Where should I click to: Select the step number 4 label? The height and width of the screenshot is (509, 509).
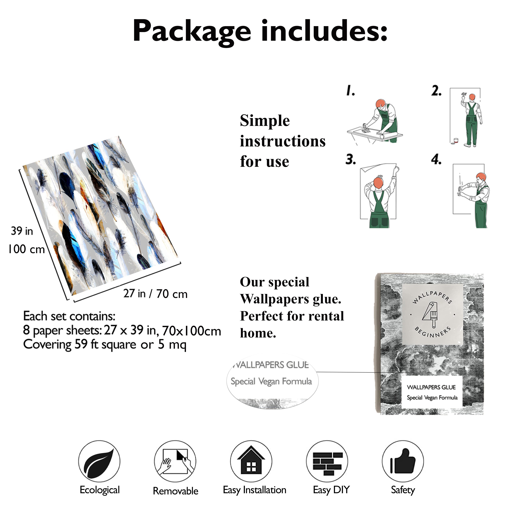coord(436,160)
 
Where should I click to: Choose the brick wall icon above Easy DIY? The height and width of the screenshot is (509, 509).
coord(327,463)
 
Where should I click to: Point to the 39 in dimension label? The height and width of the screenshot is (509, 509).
coord(22,231)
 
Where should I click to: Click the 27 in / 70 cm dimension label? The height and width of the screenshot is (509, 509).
coord(155,294)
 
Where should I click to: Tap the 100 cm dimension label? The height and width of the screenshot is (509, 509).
coord(26,249)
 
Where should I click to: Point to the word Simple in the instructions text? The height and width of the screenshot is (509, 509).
coord(265,121)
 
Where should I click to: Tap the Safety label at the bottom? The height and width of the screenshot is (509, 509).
coord(403,490)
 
